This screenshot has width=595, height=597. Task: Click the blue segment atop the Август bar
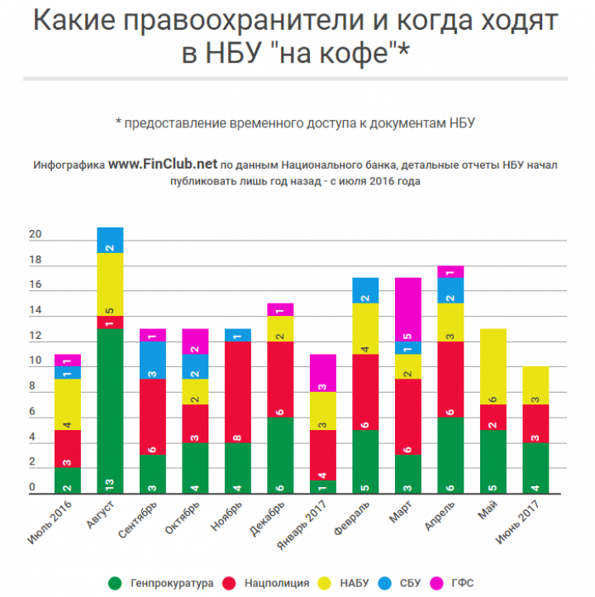pos(110,240)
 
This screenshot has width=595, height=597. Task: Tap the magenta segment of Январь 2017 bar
pos(323,372)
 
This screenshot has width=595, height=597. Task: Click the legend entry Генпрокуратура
pos(162,583)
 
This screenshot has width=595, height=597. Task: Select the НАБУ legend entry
pos(348,583)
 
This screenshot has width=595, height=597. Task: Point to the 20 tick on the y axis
pos(36,235)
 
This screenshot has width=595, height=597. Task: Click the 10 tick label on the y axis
pos(36,361)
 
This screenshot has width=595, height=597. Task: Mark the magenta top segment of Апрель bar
pos(450,271)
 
